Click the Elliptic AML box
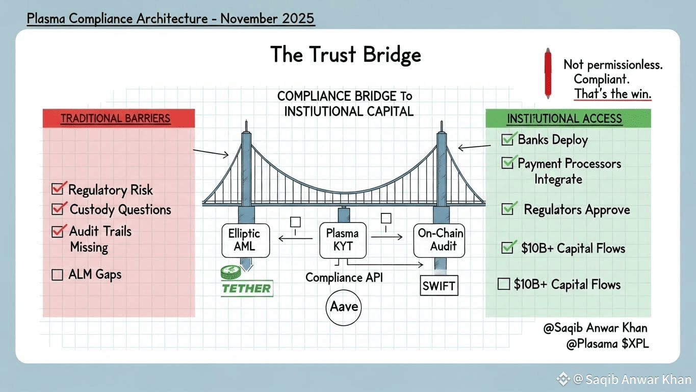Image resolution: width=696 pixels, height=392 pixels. (244, 240)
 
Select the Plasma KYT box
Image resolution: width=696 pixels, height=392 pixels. (342, 240)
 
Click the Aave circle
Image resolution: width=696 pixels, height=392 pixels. (344, 307)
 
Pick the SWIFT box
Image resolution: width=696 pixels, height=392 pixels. (439, 286)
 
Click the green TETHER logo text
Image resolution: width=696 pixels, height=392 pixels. (247, 288)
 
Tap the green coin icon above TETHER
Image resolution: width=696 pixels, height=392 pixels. (230, 273)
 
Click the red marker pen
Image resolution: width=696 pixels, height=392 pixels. (548, 73)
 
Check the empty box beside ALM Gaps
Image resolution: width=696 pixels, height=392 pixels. (58, 275)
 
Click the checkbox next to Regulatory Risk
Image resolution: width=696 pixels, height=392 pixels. (58, 189)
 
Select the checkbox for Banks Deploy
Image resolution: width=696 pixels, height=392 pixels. (508, 139)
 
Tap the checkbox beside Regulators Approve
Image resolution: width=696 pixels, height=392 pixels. (508, 209)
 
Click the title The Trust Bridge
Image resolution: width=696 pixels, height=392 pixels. (346, 55)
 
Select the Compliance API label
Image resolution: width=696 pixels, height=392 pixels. (344, 277)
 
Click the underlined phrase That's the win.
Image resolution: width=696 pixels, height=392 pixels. (613, 94)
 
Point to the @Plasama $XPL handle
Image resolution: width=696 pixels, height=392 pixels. (607, 344)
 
